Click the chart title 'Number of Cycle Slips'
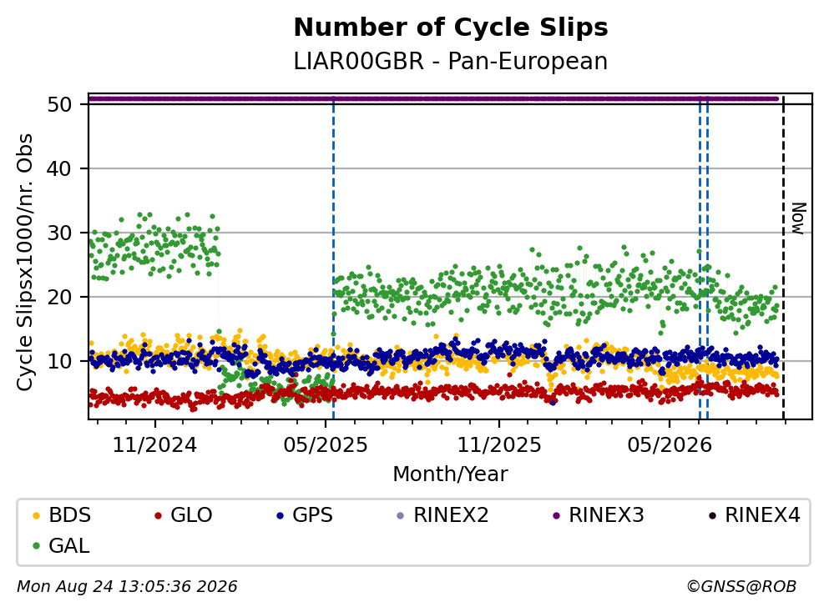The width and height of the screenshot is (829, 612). (451, 28)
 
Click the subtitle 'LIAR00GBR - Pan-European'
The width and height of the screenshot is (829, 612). (451, 62)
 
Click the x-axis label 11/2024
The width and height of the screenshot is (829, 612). (155, 445)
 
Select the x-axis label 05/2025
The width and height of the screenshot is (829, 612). (325, 445)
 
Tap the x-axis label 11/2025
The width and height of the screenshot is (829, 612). (499, 445)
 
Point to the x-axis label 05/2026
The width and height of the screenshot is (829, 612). (670, 445)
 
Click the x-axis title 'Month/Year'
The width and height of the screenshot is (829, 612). (451, 474)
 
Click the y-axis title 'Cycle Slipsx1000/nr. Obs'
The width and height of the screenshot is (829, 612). (24, 263)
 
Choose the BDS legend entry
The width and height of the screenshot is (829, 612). (62, 514)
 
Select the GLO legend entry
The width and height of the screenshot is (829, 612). (184, 514)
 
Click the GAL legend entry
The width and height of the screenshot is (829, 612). (61, 545)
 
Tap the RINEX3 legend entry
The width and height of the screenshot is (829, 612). (599, 514)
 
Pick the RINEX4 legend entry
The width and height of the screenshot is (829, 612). (755, 514)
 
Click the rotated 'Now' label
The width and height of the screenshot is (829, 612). (798, 218)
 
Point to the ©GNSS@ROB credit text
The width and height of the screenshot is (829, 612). (741, 587)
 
